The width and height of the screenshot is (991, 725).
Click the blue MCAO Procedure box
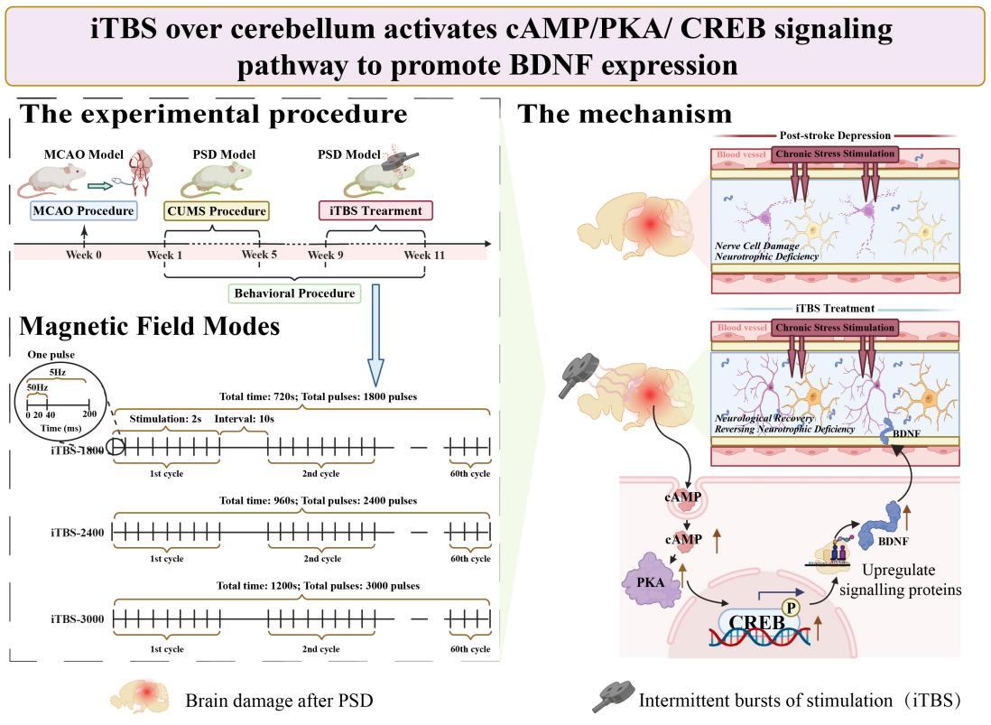(84, 211)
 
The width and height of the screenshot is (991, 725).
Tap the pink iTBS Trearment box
(377, 211)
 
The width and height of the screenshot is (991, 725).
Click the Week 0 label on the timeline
(84, 256)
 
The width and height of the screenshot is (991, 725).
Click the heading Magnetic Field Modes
(149, 326)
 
